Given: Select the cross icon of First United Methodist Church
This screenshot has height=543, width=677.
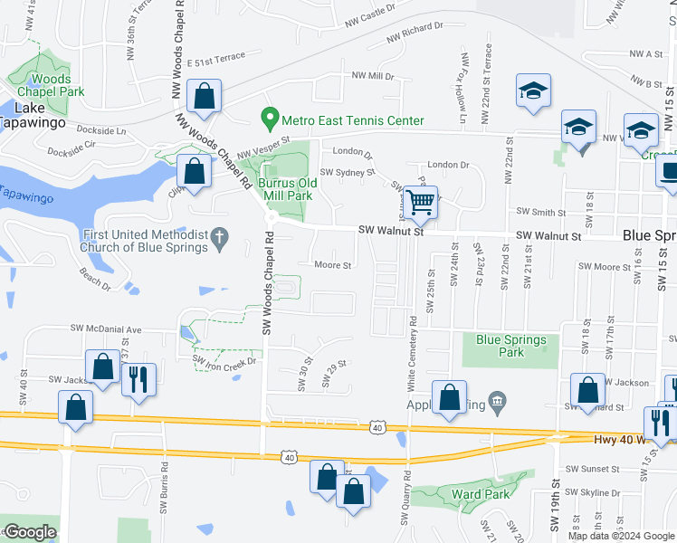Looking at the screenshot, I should pos(218,240).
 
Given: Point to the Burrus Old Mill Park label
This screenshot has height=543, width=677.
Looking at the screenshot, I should pos(285,188).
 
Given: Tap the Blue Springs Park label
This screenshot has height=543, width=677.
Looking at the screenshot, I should pos(511,346).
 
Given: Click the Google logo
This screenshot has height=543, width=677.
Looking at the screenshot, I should pos(30,532).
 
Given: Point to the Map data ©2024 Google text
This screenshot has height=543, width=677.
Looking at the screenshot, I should pos(621,536).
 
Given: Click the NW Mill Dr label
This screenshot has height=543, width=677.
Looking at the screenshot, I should pos(373,76).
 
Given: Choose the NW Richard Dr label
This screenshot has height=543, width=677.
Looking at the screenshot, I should pos(415,33).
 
